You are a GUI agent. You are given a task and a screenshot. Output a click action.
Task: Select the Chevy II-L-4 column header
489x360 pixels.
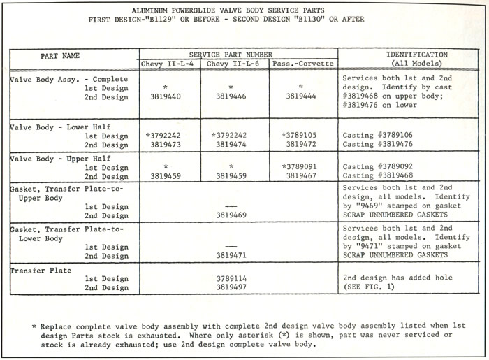coord(169,64)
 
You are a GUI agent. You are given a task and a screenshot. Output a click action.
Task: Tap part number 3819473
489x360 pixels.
coord(168,144)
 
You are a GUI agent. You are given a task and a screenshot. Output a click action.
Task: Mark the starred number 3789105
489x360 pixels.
coord(301,134)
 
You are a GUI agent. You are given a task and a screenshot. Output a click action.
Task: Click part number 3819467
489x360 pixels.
coord(302,177)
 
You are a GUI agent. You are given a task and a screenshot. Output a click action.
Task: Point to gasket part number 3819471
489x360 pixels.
coord(231,257)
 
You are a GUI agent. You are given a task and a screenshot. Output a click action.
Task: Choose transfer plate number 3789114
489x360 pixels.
coord(231,278)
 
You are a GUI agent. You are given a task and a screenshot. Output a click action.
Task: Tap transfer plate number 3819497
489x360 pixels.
coord(231,287)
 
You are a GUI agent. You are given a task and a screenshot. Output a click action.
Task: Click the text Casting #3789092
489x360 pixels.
coord(378,167)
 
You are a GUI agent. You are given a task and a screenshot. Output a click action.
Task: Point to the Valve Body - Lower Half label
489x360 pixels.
coord(56,126)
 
